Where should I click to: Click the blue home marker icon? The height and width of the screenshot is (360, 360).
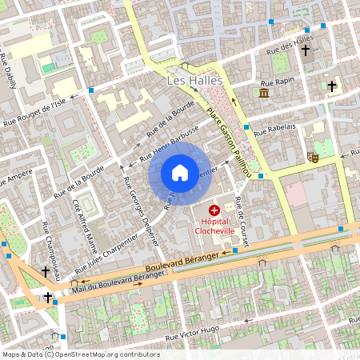tap(180, 172)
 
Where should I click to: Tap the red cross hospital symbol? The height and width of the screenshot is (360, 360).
tap(214, 209)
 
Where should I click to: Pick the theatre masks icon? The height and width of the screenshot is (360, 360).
tap(313, 158)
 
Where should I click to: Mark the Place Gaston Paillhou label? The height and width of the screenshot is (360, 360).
tap(229, 140)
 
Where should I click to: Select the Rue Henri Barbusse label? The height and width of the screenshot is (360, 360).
tap(170, 145)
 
